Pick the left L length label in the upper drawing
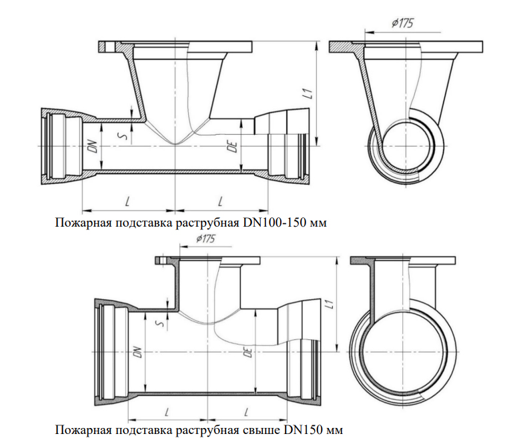click(127, 199)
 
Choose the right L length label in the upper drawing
click(220, 199)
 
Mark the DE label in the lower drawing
click(248, 353)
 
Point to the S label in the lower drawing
click(158, 324)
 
